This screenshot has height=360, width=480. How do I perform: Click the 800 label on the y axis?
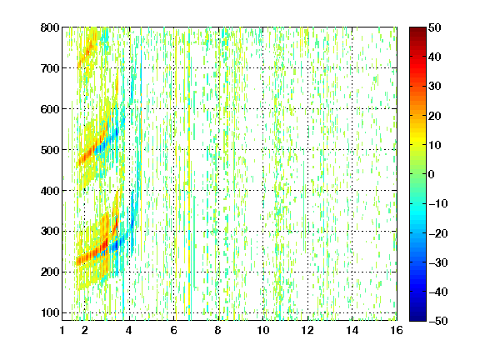click(50, 27)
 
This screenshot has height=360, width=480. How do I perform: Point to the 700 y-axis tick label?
click(50, 68)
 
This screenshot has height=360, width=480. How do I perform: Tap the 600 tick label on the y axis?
click(50, 109)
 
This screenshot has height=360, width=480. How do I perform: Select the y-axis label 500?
click(50, 150)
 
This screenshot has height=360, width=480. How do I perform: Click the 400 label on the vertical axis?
click(50, 191)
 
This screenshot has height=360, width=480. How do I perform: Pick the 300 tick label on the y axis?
click(50, 232)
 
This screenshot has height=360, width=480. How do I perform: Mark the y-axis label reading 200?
click(50, 272)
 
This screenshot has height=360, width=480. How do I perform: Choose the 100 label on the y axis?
click(50, 312)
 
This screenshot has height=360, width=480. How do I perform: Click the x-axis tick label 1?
click(62, 330)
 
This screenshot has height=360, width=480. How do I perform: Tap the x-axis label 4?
click(129, 330)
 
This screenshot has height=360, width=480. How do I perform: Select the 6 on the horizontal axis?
click(173, 330)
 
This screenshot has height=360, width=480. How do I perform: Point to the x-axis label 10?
click(263, 330)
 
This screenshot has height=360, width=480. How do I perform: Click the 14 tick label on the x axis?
click(352, 330)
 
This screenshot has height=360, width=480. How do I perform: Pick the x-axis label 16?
click(397, 330)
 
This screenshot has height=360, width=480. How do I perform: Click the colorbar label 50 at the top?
click(434, 27)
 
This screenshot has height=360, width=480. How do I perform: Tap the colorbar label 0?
click(431, 174)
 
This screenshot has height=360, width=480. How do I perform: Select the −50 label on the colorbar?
click(438, 321)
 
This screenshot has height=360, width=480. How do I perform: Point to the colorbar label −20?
click(438, 233)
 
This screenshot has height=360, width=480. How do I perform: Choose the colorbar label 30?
click(434, 86)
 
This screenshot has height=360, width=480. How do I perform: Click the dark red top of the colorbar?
click(417, 30)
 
